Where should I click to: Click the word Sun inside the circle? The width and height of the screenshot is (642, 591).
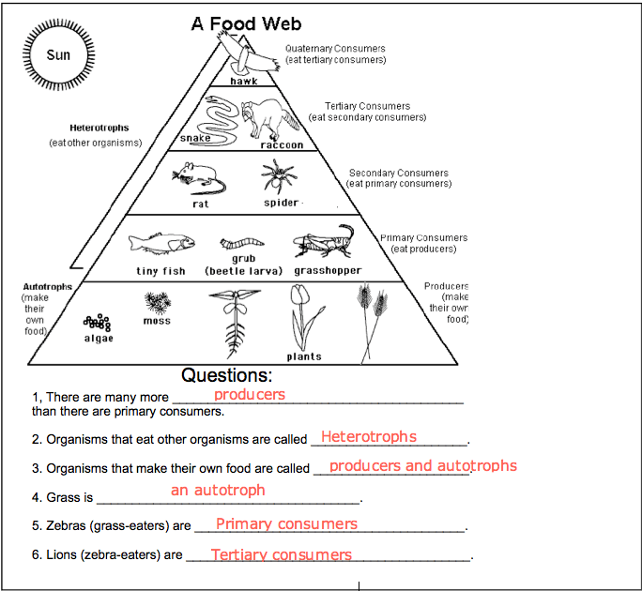coord(58,54)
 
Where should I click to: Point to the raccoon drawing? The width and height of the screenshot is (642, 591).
coord(269,118)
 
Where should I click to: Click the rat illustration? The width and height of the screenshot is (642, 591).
coord(199,178)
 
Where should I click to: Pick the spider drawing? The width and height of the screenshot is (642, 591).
coord(279,176)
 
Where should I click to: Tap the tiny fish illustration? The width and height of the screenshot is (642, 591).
coord(161,243)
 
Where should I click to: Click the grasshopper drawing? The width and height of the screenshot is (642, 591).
coord(324,241)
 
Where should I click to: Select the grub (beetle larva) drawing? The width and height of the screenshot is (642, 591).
coord(242,243)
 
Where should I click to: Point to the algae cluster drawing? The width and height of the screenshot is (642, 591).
coord(97,323)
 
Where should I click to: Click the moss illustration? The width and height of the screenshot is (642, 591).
coord(158,302)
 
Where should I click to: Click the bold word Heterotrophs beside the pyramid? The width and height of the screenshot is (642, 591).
coord(99,128)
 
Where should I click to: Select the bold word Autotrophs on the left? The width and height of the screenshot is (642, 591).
coord(48,286)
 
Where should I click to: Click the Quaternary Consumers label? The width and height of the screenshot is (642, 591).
coord(335,48)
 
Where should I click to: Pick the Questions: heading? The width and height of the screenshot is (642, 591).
coord(227,375)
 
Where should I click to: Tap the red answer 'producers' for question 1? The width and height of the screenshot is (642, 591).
coord(250,395)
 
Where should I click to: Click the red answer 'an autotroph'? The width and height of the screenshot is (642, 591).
coord(218,490)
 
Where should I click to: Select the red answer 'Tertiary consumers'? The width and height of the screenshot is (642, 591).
coord(282,554)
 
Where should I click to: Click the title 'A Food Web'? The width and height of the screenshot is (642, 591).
coord(247,23)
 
